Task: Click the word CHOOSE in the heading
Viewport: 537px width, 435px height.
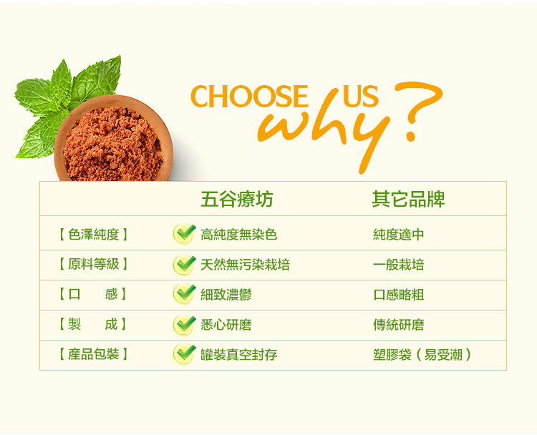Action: click(x=249, y=96)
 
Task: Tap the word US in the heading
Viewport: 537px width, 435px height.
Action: click(x=361, y=96)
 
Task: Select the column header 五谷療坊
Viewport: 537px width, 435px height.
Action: click(x=237, y=199)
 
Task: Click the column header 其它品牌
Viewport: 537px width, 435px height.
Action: click(x=408, y=199)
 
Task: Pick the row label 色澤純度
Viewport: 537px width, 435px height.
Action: click(x=93, y=235)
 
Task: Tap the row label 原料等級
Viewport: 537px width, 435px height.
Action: click(x=93, y=264)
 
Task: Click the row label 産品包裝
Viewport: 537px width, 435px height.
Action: click(x=93, y=354)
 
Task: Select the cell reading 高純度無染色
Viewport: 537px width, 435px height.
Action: click(x=238, y=235)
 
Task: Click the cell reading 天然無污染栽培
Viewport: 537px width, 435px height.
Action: click(x=245, y=265)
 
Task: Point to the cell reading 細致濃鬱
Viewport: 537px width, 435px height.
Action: click(x=226, y=295)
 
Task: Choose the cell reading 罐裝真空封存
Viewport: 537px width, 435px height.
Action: click(x=238, y=355)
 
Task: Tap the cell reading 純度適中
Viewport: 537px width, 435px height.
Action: click(x=399, y=235)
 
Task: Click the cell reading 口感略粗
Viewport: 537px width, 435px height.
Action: click(x=399, y=295)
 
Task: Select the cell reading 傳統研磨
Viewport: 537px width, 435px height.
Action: click(x=399, y=325)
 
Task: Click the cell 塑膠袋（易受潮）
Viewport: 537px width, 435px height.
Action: click(x=422, y=355)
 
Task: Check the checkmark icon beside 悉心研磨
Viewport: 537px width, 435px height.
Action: click(x=184, y=325)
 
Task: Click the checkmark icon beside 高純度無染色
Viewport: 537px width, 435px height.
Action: click(x=184, y=234)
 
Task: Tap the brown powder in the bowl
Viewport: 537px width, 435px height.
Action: click(x=113, y=144)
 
